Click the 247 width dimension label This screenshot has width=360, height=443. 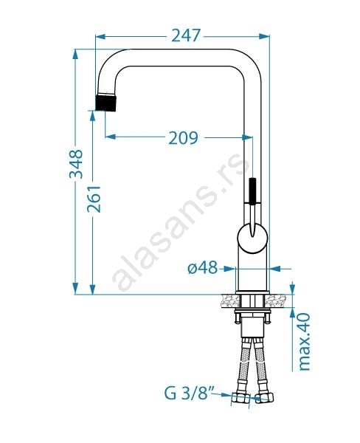tap(186, 35)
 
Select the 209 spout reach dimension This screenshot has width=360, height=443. tap(183, 138)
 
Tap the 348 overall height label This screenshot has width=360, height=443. tap(76, 164)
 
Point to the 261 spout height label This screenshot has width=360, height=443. tap(94, 199)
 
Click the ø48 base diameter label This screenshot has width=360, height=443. tap(203, 267)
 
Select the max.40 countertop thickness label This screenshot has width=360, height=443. tap(305, 342)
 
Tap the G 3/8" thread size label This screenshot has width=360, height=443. tap(190, 393)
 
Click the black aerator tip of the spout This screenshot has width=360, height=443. tap(106, 103)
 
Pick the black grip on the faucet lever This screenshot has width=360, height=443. tap(253, 190)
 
